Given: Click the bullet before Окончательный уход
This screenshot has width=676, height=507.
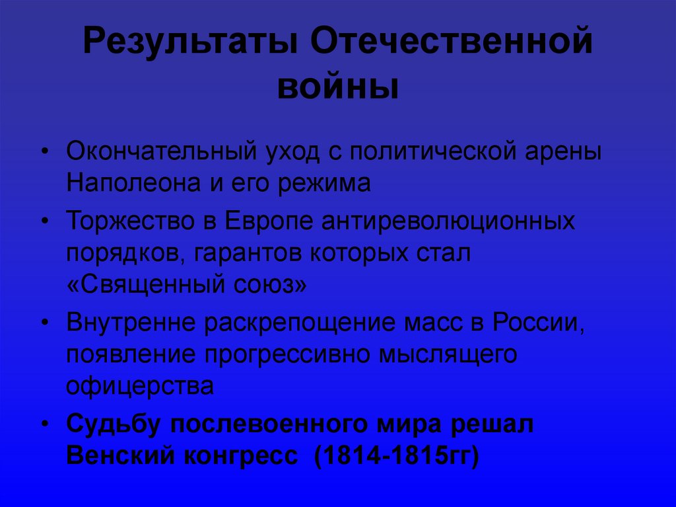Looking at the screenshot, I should coord(44,151).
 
